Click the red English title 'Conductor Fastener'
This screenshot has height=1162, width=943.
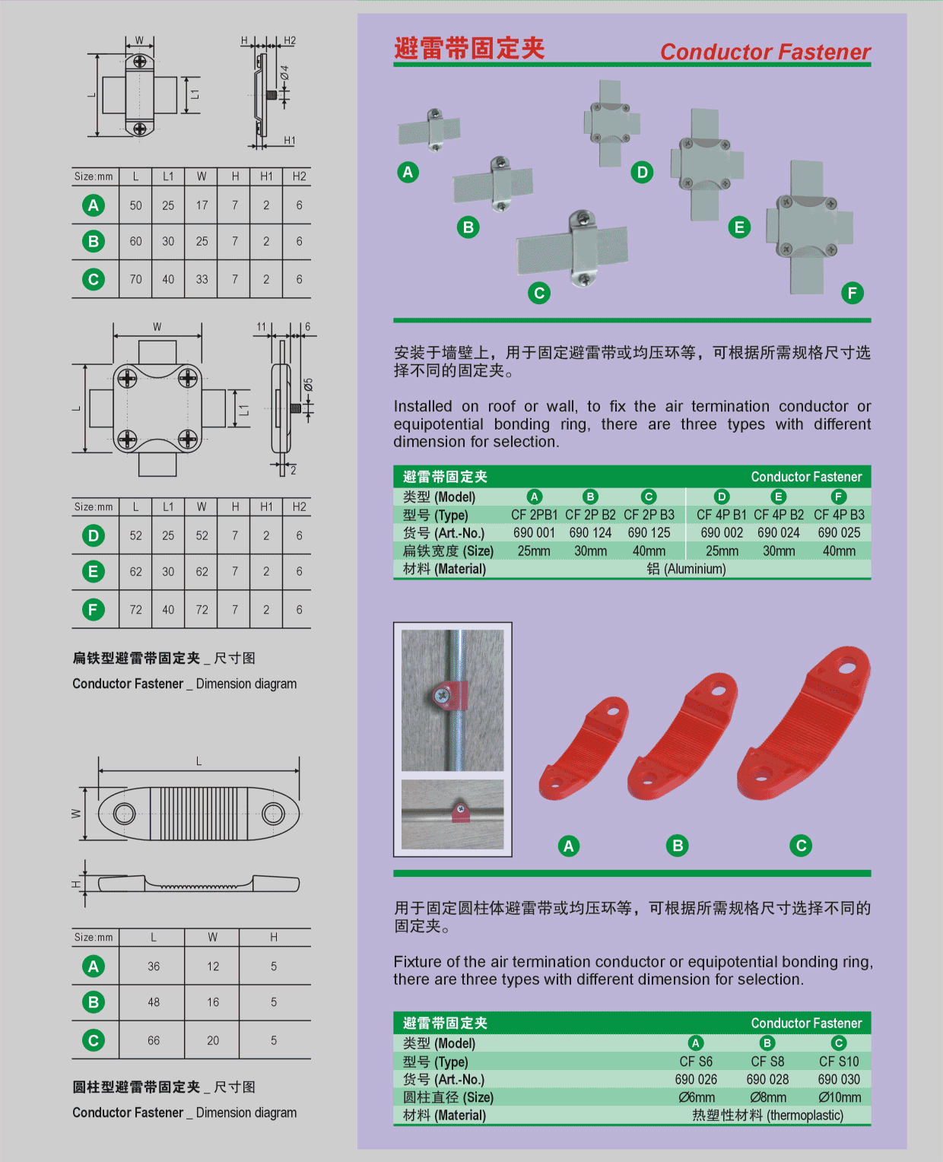pos(764,52)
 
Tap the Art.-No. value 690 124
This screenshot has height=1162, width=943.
pos(590,532)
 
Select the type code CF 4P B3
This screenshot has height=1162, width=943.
pos(839,514)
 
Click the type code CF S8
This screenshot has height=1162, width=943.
pos(767,1061)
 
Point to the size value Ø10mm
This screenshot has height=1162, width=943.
pos(839,1097)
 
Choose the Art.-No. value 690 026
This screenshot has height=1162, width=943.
pos(696,1079)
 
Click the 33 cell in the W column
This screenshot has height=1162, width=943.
pos(202,279)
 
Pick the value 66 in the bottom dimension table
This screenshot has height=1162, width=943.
pos(154,1040)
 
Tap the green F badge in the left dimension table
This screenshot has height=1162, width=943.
pos(94,609)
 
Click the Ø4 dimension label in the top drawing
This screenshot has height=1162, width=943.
pos(284,72)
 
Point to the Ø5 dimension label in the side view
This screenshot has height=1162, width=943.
pos(308,385)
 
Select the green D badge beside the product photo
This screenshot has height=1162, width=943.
pos(642,173)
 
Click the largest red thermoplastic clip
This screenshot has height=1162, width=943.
pos(803,723)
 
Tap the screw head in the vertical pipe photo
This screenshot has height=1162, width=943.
pos(441,696)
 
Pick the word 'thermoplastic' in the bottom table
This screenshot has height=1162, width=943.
pos(805,1115)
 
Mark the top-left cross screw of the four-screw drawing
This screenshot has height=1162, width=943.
pos(127,378)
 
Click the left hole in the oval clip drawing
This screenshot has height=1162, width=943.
pos(125,814)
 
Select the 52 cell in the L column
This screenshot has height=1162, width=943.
pos(136,535)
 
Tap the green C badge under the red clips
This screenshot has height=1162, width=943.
pos(801,846)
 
